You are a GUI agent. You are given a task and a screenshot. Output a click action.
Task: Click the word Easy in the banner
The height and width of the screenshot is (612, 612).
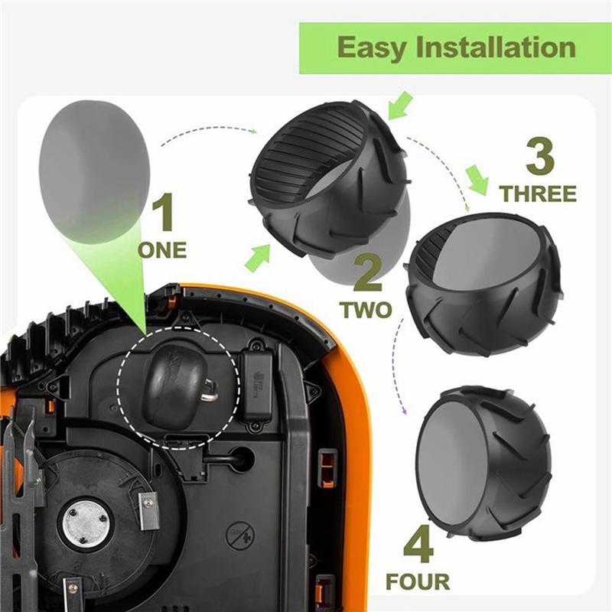point(372,48)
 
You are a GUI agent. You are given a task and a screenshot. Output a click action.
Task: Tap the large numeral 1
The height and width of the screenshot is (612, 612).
point(164,213)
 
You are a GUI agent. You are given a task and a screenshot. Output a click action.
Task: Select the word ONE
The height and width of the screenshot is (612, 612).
point(162,250)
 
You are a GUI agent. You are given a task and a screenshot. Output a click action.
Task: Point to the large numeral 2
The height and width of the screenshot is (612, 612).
point(368,272)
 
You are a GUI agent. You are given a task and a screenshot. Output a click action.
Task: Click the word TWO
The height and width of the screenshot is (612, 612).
point(366,310)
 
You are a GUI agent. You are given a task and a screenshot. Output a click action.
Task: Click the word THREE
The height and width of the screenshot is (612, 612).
point(538,194)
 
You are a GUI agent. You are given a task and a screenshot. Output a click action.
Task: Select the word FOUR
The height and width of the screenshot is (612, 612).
point(418,582)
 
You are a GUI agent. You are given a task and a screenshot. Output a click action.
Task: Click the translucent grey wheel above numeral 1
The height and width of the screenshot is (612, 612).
point(93,171)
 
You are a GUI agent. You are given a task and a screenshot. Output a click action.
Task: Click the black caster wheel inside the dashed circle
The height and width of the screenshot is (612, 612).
point(174,386)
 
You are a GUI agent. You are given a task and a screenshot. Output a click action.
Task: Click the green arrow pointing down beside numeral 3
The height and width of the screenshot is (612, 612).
point(477,180)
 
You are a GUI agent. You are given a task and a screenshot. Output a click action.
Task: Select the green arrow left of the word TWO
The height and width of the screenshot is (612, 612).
point(259,257)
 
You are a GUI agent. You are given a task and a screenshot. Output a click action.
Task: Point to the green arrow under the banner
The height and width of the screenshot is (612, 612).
point(401,105)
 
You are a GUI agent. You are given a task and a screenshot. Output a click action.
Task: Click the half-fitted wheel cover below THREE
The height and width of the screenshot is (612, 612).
point(483,283)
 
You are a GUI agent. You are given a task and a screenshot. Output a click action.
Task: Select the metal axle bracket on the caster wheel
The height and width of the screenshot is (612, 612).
point(209,391)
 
